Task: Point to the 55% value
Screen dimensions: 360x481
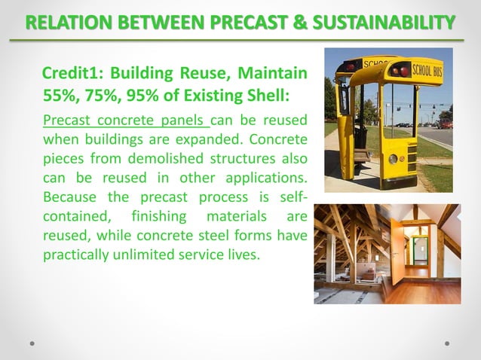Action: (x=59, y=96)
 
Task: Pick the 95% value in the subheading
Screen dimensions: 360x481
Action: (x=140, y=96)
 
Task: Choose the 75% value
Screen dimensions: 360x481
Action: (x=100, y=96)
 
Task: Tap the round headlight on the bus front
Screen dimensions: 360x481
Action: (x=393, y=159)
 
